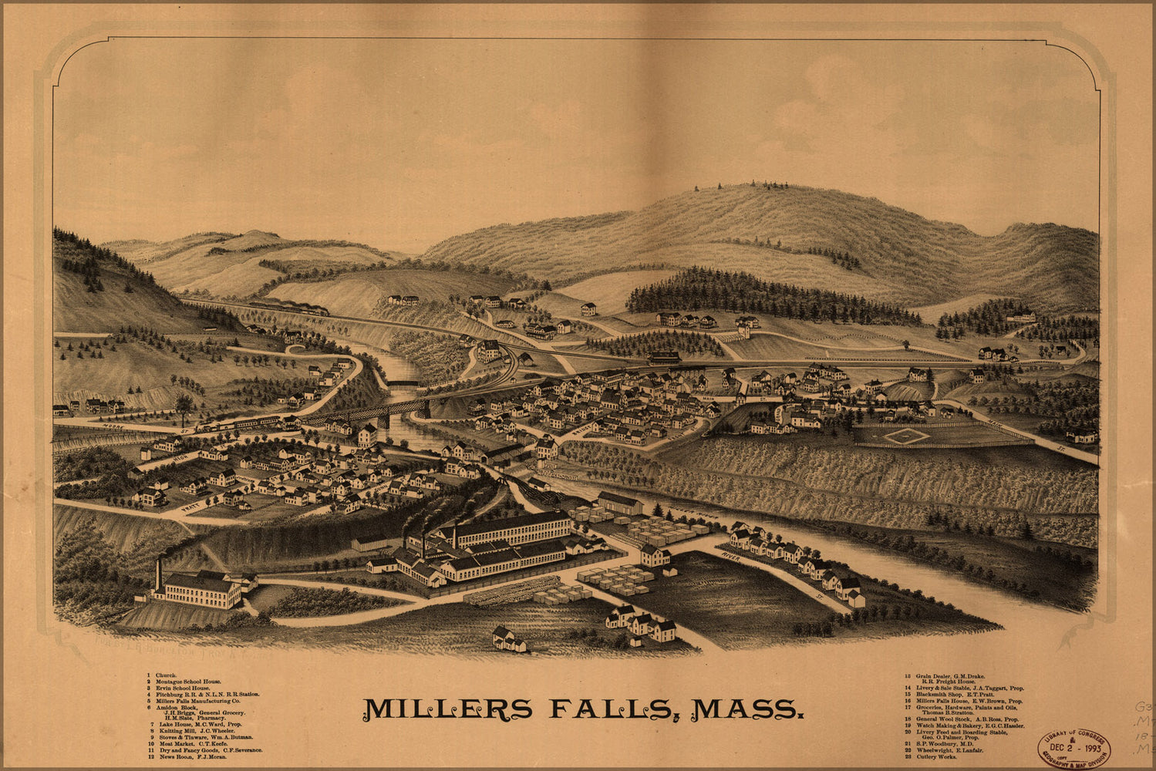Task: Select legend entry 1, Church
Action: coord(166,675)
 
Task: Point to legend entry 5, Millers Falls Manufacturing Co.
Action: coord(202,700)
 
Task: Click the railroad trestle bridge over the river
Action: coord(362,414)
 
